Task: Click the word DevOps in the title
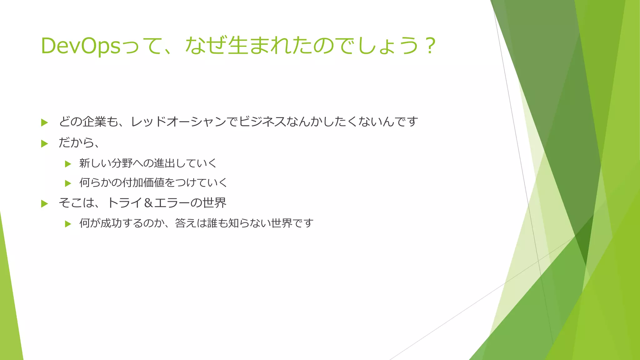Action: pyautogui.click(x=81, y=46)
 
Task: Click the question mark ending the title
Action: pyautogui.click(x=431, y=46)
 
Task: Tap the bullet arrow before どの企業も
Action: pyautogui.click(x=44, y=122)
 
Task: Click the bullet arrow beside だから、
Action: pyautogui.click(x=44, y=144)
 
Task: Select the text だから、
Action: pyautogui.click(x=79, y=143)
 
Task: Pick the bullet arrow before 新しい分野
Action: pyautogui.click(x=68, y=164)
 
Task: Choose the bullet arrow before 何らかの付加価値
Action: pyautogui.click(x=68, y=183)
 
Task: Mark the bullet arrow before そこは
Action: pyautogui.click(x=44, y=204)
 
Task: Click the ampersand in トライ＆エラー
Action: pyautogui.click(x=148, y=203)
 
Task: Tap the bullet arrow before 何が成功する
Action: pyautogui.click(x=68, y=224)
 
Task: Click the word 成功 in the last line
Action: pyautogui.click(x=111, y=223)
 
